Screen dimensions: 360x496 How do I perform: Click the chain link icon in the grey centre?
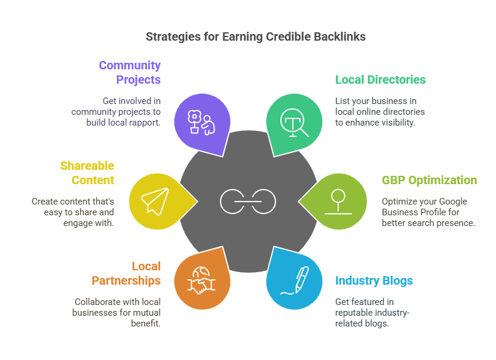click(248, 202)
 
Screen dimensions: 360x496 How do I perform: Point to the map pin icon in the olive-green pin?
click(338, 202)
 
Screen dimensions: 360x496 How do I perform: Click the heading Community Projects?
click(130, 72)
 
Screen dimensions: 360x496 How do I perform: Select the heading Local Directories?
click(380, 80)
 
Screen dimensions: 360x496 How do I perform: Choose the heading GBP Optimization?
click(429, 180)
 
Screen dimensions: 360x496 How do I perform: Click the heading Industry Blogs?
click(373, 280)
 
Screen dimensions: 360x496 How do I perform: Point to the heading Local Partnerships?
click(126, 273)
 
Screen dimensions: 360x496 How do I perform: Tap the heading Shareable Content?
click(87, 173)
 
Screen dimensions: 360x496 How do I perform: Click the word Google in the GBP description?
click(454, 201)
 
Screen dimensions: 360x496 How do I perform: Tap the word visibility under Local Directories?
click(399, 122)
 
